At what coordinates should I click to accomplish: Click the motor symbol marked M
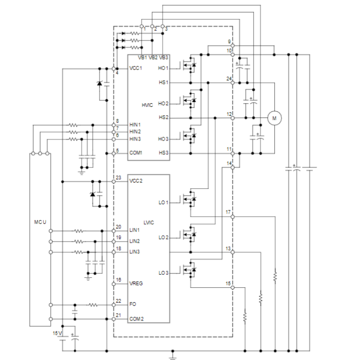point(274,118)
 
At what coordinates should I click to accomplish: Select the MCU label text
point(40,222)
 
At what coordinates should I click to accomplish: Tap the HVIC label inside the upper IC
point(147,105)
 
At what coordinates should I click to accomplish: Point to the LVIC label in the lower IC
point(149,223)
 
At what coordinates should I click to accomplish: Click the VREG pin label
point(136,284)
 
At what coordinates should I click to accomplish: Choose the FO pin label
point(133,304)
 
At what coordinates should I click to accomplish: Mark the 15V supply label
point(57,333)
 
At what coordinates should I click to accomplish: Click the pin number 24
point(229,78)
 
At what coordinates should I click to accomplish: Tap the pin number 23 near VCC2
point(118,177)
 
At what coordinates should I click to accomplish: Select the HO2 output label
point(163,104)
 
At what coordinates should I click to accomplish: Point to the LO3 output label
point(164,273)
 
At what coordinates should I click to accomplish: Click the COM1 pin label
point(136,153)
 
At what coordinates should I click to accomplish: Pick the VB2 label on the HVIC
point(153,57)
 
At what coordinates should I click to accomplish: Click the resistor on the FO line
point(93,305)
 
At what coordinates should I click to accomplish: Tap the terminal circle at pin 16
point(114,284)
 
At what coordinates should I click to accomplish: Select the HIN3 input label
point(135,139)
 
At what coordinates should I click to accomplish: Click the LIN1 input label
point(134,230)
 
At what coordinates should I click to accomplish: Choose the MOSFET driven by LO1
point(189,199)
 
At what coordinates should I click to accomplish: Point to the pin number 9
point(229,42)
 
